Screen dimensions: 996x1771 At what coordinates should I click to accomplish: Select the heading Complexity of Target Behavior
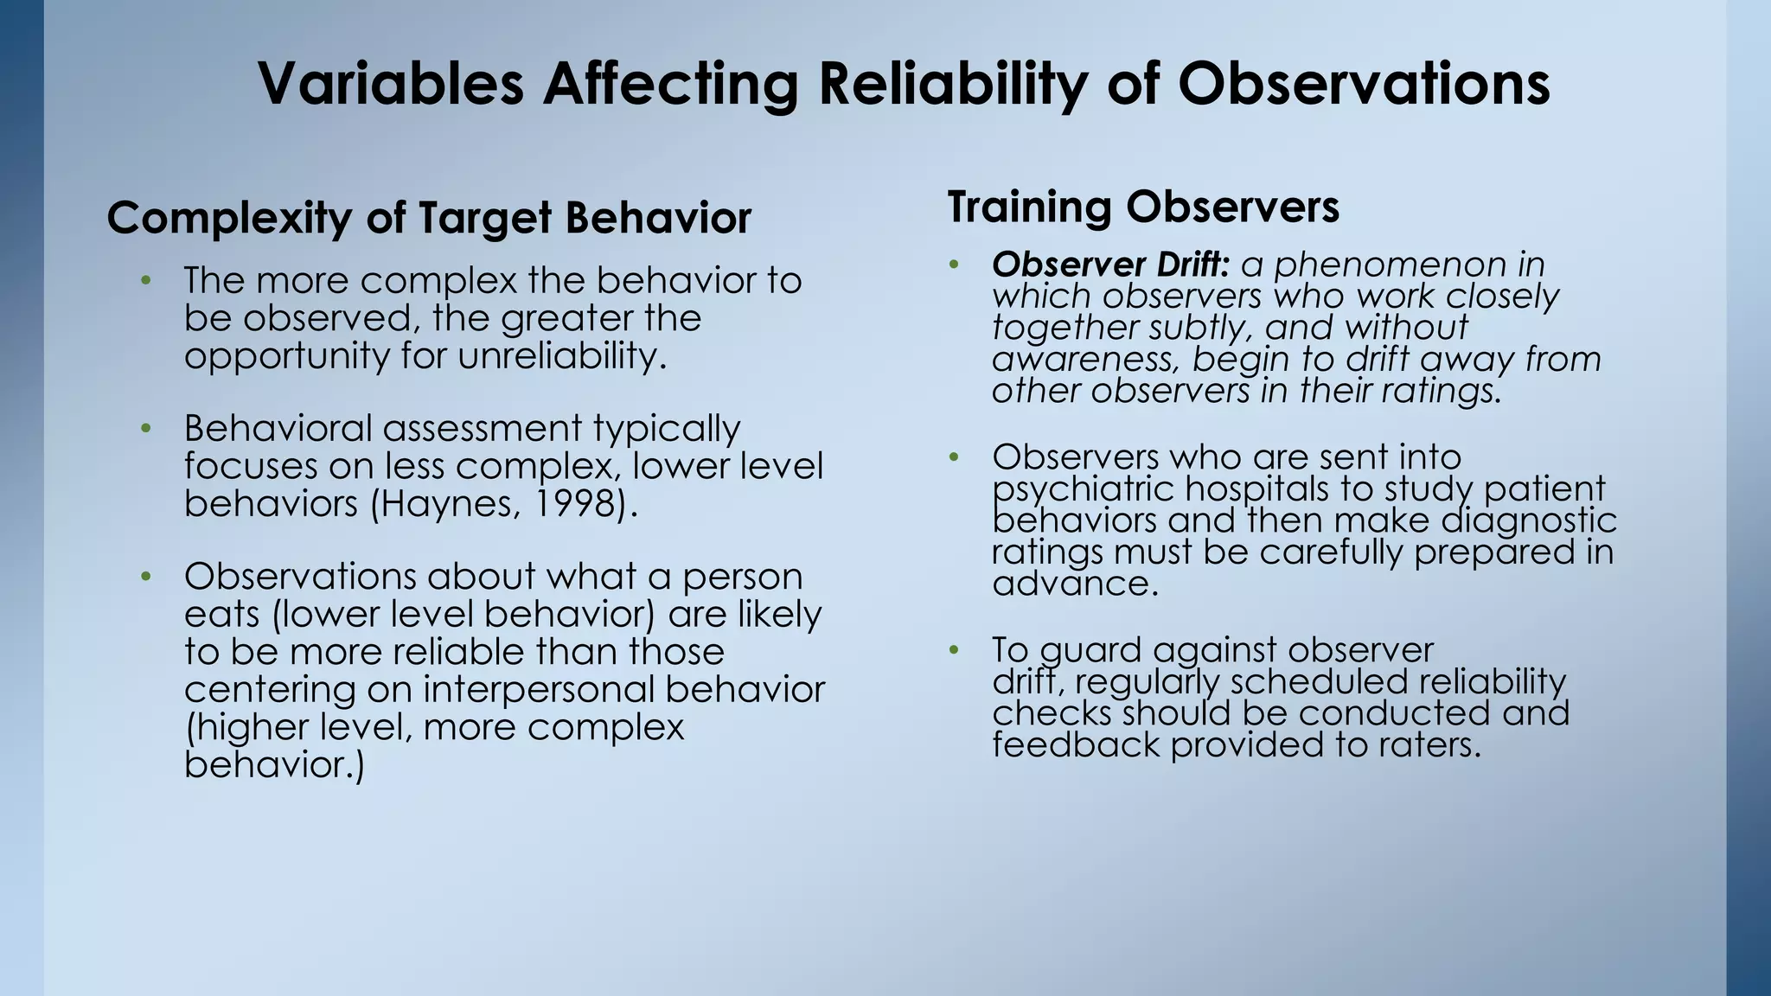pyautogui.click(x=429, y=218)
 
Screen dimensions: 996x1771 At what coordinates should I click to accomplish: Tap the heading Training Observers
pyautogui.click(x=1143, y=207)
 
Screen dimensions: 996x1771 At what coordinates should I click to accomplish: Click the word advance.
pyautogui.click(x=1074, y=584)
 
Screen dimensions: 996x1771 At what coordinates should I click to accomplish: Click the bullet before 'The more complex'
pyautogui.click(x=146, y=280)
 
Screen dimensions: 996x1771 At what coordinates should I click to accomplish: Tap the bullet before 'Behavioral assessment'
pyautogui.click(x=146, y=428)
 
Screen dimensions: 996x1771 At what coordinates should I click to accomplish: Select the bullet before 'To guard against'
pyautogui.click(x=954, y=649)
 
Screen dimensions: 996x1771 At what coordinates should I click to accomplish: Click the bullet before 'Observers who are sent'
pyautogui.click(x=954, y=456)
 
